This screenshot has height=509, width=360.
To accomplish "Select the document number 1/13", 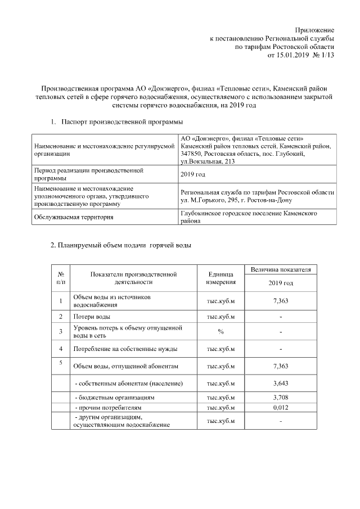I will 327,56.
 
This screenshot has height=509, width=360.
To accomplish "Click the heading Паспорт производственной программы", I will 121,121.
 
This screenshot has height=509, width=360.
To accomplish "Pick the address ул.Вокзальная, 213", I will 208,161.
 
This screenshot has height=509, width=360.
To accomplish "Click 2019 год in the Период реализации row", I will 192,175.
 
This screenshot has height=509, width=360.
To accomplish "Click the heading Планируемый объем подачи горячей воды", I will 121,245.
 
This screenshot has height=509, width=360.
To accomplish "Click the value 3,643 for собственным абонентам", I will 280,384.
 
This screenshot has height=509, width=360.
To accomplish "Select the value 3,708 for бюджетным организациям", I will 280,397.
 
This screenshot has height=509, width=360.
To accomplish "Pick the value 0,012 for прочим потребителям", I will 280,407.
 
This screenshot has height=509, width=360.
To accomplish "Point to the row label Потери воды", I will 88,317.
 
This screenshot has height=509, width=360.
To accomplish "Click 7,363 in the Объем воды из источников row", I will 280,301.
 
